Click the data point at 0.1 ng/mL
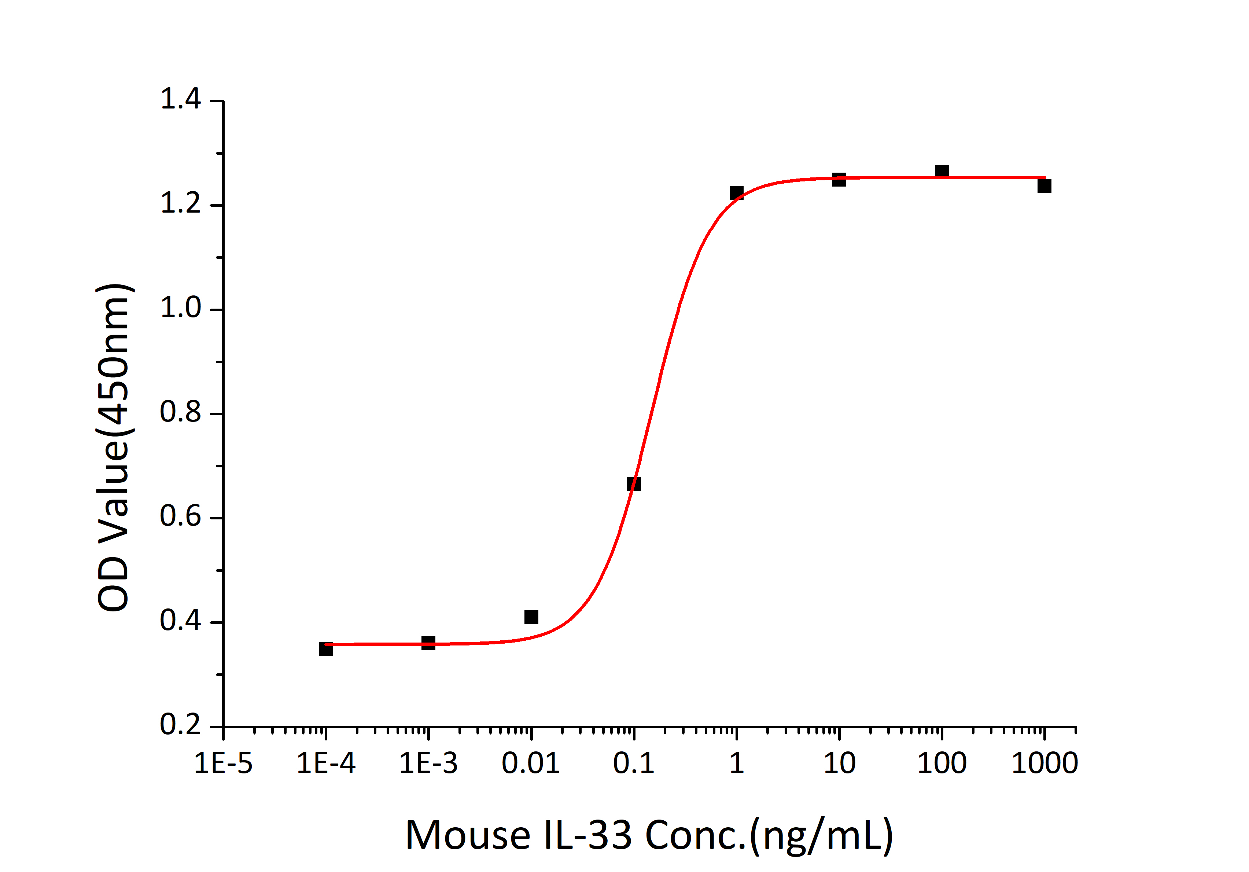(634, 484)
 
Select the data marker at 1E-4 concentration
(326, 649)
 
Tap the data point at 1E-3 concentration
(429, 643)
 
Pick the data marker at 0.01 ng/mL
(531, 617)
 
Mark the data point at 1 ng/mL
(737, 193)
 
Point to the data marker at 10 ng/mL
(839, 180)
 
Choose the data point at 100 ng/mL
(942, 171)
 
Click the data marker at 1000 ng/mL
(1044, 186)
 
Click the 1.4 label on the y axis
(181, 100)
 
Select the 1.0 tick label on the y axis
(181, 308)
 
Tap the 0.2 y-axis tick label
(181, 725)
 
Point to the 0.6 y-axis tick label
(181, 517)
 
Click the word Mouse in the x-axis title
(468, 836)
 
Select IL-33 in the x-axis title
(587, 836)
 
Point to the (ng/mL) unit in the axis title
(821, 836)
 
